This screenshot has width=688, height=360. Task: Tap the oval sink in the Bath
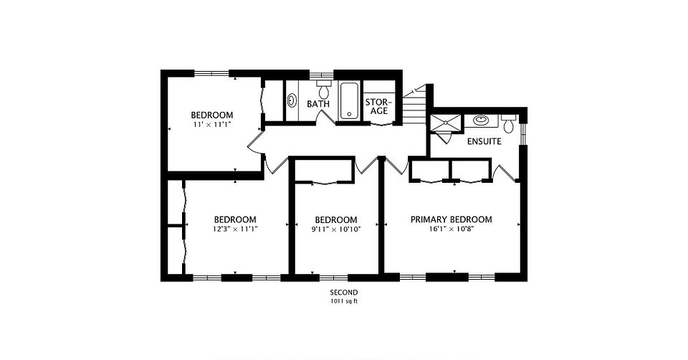point(292,100)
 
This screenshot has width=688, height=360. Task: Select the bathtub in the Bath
point(349,100)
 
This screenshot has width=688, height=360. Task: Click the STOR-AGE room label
point(377,107)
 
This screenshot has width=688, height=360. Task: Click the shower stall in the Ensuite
point(446,123)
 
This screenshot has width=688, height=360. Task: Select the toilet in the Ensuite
point(509,124)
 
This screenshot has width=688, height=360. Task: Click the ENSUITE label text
point(484,142)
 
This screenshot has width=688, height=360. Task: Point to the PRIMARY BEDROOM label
point(451,219)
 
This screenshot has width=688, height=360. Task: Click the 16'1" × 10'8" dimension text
point(451,229)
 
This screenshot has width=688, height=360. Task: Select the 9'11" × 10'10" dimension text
point(336,229)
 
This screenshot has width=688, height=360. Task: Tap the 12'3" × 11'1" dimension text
point(235,229)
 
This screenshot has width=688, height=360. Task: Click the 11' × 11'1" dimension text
point(212,125)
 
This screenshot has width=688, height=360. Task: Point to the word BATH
point(318,104)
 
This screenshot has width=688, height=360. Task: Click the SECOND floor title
point(344,293)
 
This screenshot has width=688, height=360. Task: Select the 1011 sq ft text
point(344,302)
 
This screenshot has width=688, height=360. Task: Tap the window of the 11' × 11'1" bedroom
point(211,73)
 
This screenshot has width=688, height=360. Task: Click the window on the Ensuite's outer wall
point(523,133)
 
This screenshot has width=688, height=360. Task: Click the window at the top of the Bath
point(322,74)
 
